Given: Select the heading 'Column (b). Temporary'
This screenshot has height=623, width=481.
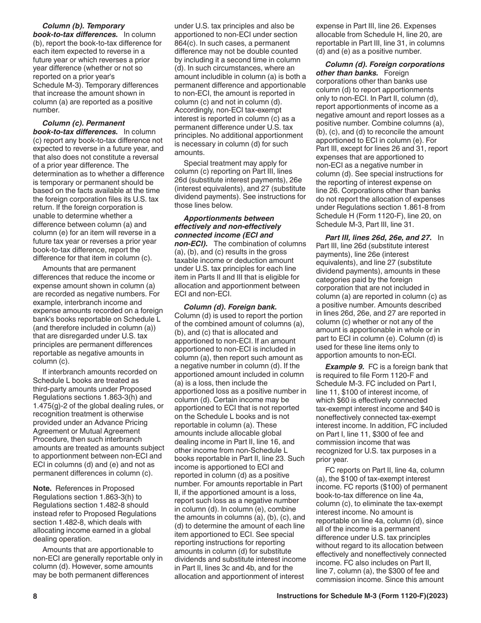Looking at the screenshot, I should coord(84,26).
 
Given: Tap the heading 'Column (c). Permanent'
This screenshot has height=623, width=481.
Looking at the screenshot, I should coord(84,123).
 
